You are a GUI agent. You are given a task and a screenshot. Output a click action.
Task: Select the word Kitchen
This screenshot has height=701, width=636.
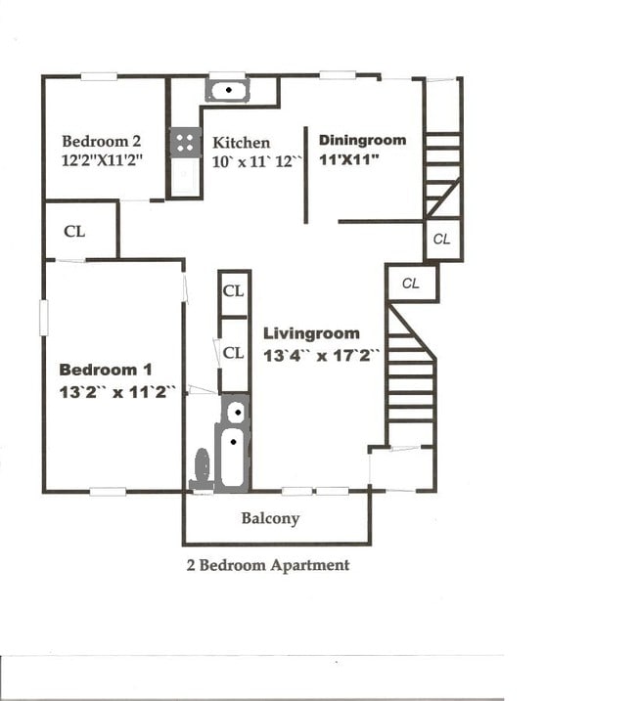point(241,143)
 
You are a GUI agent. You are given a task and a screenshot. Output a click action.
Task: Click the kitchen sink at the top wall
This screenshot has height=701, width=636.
point(227,91)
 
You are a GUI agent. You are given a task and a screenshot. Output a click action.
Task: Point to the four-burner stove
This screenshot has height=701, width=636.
point(185,143)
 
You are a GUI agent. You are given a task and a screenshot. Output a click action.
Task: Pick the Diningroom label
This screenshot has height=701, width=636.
point(362,140)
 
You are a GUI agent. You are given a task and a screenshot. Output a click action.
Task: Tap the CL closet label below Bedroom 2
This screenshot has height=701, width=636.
point(74,232)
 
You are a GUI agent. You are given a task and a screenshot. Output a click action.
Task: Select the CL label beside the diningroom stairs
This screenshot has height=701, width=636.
point(442,239)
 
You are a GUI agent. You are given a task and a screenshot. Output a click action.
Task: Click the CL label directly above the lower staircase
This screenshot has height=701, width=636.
point(411,284)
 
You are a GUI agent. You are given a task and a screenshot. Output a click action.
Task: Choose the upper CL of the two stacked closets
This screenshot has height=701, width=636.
point(233,290)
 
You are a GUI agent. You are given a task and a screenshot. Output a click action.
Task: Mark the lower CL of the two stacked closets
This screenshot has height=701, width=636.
point(233,353)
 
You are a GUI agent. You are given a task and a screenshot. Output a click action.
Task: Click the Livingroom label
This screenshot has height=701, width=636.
point(311,333)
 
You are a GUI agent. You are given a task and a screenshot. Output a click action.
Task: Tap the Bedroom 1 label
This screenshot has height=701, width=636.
point(106,370)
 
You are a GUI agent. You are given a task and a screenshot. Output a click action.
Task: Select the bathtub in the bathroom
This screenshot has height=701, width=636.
point(233,459)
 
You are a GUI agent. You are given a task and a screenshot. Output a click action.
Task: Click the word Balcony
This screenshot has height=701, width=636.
point(270,518)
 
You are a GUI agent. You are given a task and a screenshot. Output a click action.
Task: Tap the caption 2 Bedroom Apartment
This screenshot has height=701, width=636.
point(267,565)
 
